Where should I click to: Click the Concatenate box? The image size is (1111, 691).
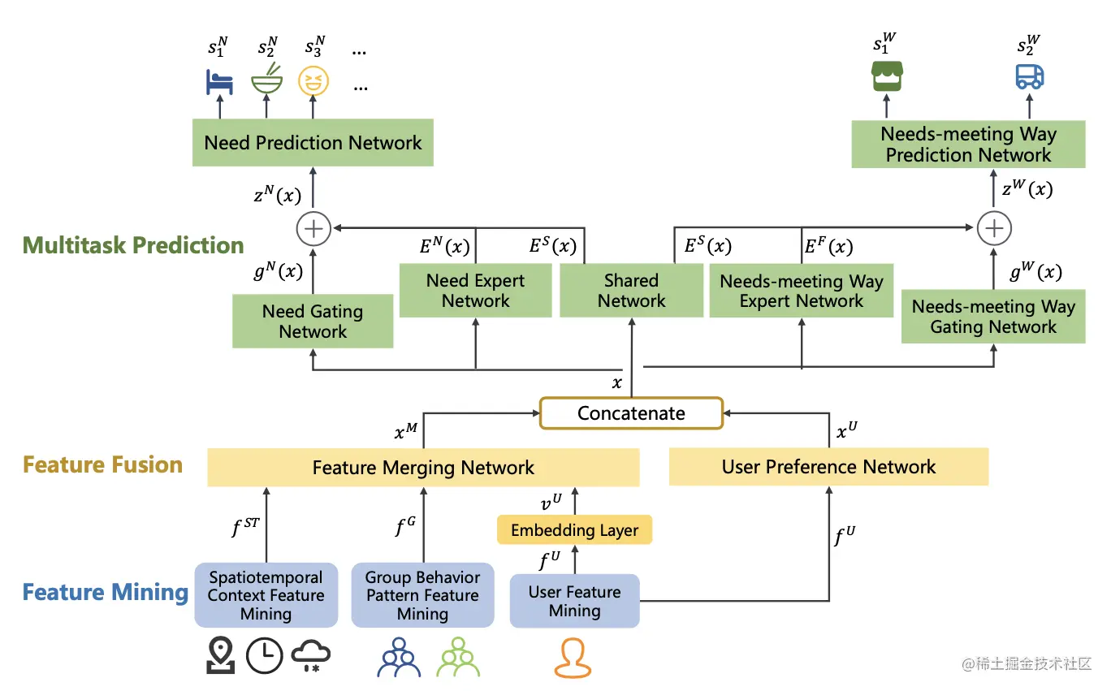631,412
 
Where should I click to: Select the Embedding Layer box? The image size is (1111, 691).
574,529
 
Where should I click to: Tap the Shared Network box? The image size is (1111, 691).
631,290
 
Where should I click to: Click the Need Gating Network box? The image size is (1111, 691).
313,321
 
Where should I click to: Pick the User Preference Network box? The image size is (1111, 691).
828,466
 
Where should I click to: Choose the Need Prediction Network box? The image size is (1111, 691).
313,142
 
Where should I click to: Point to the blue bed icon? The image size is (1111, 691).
219,82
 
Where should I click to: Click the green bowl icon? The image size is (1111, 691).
267,80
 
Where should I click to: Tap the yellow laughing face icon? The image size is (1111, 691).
313,80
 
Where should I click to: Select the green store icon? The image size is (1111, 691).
887,76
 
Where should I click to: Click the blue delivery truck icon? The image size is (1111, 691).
1030,76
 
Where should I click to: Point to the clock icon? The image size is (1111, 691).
265,655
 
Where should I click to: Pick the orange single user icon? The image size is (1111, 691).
573,658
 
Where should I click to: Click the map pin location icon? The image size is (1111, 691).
221,654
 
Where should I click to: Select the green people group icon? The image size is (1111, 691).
458,657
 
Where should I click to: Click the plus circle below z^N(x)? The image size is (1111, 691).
313,229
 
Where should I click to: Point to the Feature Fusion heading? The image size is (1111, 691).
102,464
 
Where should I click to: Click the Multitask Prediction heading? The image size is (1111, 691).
133,245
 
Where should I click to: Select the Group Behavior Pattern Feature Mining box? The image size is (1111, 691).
422,594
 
